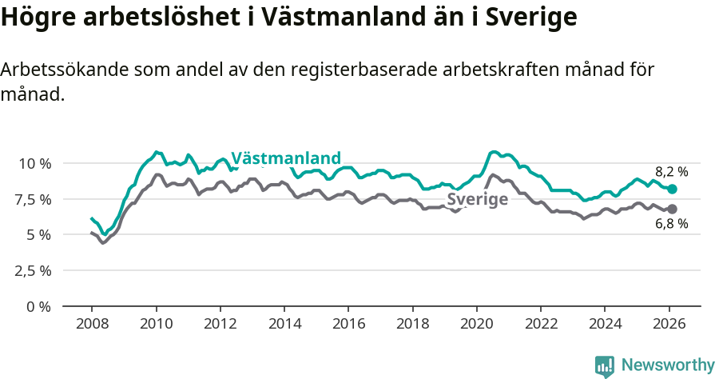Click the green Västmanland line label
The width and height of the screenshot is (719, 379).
click(x=286, y=158)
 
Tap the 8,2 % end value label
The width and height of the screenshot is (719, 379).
click(x=671, y=172)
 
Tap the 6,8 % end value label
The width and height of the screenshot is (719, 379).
click(x=671, y=224)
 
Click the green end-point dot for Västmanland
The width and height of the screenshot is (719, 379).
click(x=672, y=189)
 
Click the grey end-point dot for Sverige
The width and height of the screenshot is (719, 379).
click(x=672, y=209)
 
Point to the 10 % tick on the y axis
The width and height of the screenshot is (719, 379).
click(x=34, y=163)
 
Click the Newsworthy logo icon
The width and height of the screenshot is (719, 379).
click(x=605, y=366)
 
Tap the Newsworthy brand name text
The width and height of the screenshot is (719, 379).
click(x=667, y=365)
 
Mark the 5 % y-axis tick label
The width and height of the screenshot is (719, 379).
click(x=39, y=235)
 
